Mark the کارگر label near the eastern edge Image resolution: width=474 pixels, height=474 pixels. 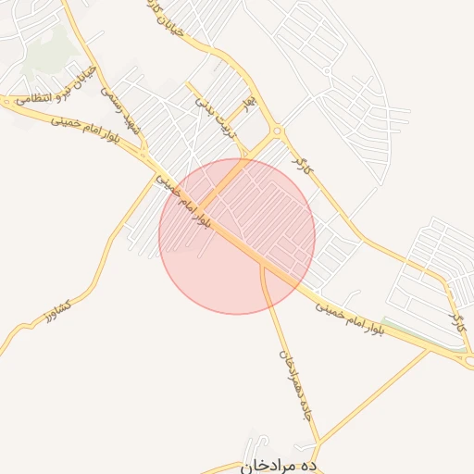point(455,319)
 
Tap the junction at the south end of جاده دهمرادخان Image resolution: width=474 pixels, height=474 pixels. point(318,442)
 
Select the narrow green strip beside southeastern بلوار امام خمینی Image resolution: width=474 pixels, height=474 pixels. point(407,328)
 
